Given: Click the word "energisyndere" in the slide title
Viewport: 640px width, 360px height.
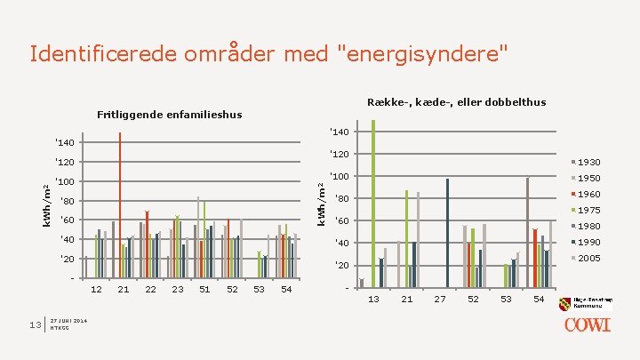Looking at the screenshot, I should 419,54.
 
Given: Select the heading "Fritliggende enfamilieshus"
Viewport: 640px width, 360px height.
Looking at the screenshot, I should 168,115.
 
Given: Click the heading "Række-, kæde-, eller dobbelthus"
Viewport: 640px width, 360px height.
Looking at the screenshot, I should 456,102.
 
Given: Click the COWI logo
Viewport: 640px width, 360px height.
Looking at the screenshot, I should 588,324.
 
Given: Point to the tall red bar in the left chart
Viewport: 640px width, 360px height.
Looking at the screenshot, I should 120,204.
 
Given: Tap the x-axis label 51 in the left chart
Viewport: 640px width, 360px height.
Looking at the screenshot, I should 205,290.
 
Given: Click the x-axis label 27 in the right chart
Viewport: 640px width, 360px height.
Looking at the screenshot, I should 440,300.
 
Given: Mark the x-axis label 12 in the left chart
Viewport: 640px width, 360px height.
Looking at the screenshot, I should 97,290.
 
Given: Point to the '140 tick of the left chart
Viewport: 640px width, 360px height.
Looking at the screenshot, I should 64,142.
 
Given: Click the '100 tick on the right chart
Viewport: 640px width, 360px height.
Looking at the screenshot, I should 339,176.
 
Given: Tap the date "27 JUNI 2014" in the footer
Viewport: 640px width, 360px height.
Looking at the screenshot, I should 68,321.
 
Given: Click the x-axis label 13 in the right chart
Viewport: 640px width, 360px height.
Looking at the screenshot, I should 374,300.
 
